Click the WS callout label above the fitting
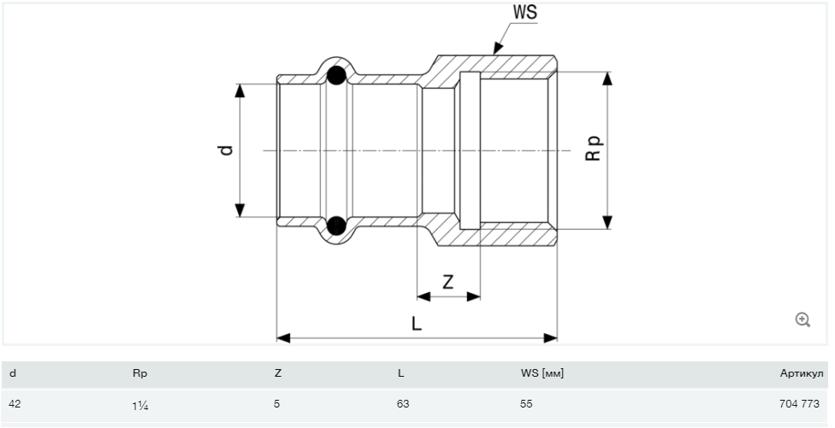coord(525,13)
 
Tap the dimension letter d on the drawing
coord(226,150)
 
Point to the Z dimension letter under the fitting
coord(447,281)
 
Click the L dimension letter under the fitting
coord(416,324)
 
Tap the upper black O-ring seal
coord(337,75)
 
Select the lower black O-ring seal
coord(337,226)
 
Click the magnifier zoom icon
coord(802,320)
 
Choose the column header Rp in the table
coord(140,373)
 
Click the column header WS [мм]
coord(542,373)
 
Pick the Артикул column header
coord(801,373)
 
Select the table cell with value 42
coord(15,403)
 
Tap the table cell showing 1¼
coord(140,404)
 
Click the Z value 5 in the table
coord(277,403)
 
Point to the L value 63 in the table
coord(403,403)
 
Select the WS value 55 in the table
coord(526,403)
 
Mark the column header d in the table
coord(12,373)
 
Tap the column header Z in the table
coord(277,373)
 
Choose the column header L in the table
coord(400,373)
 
